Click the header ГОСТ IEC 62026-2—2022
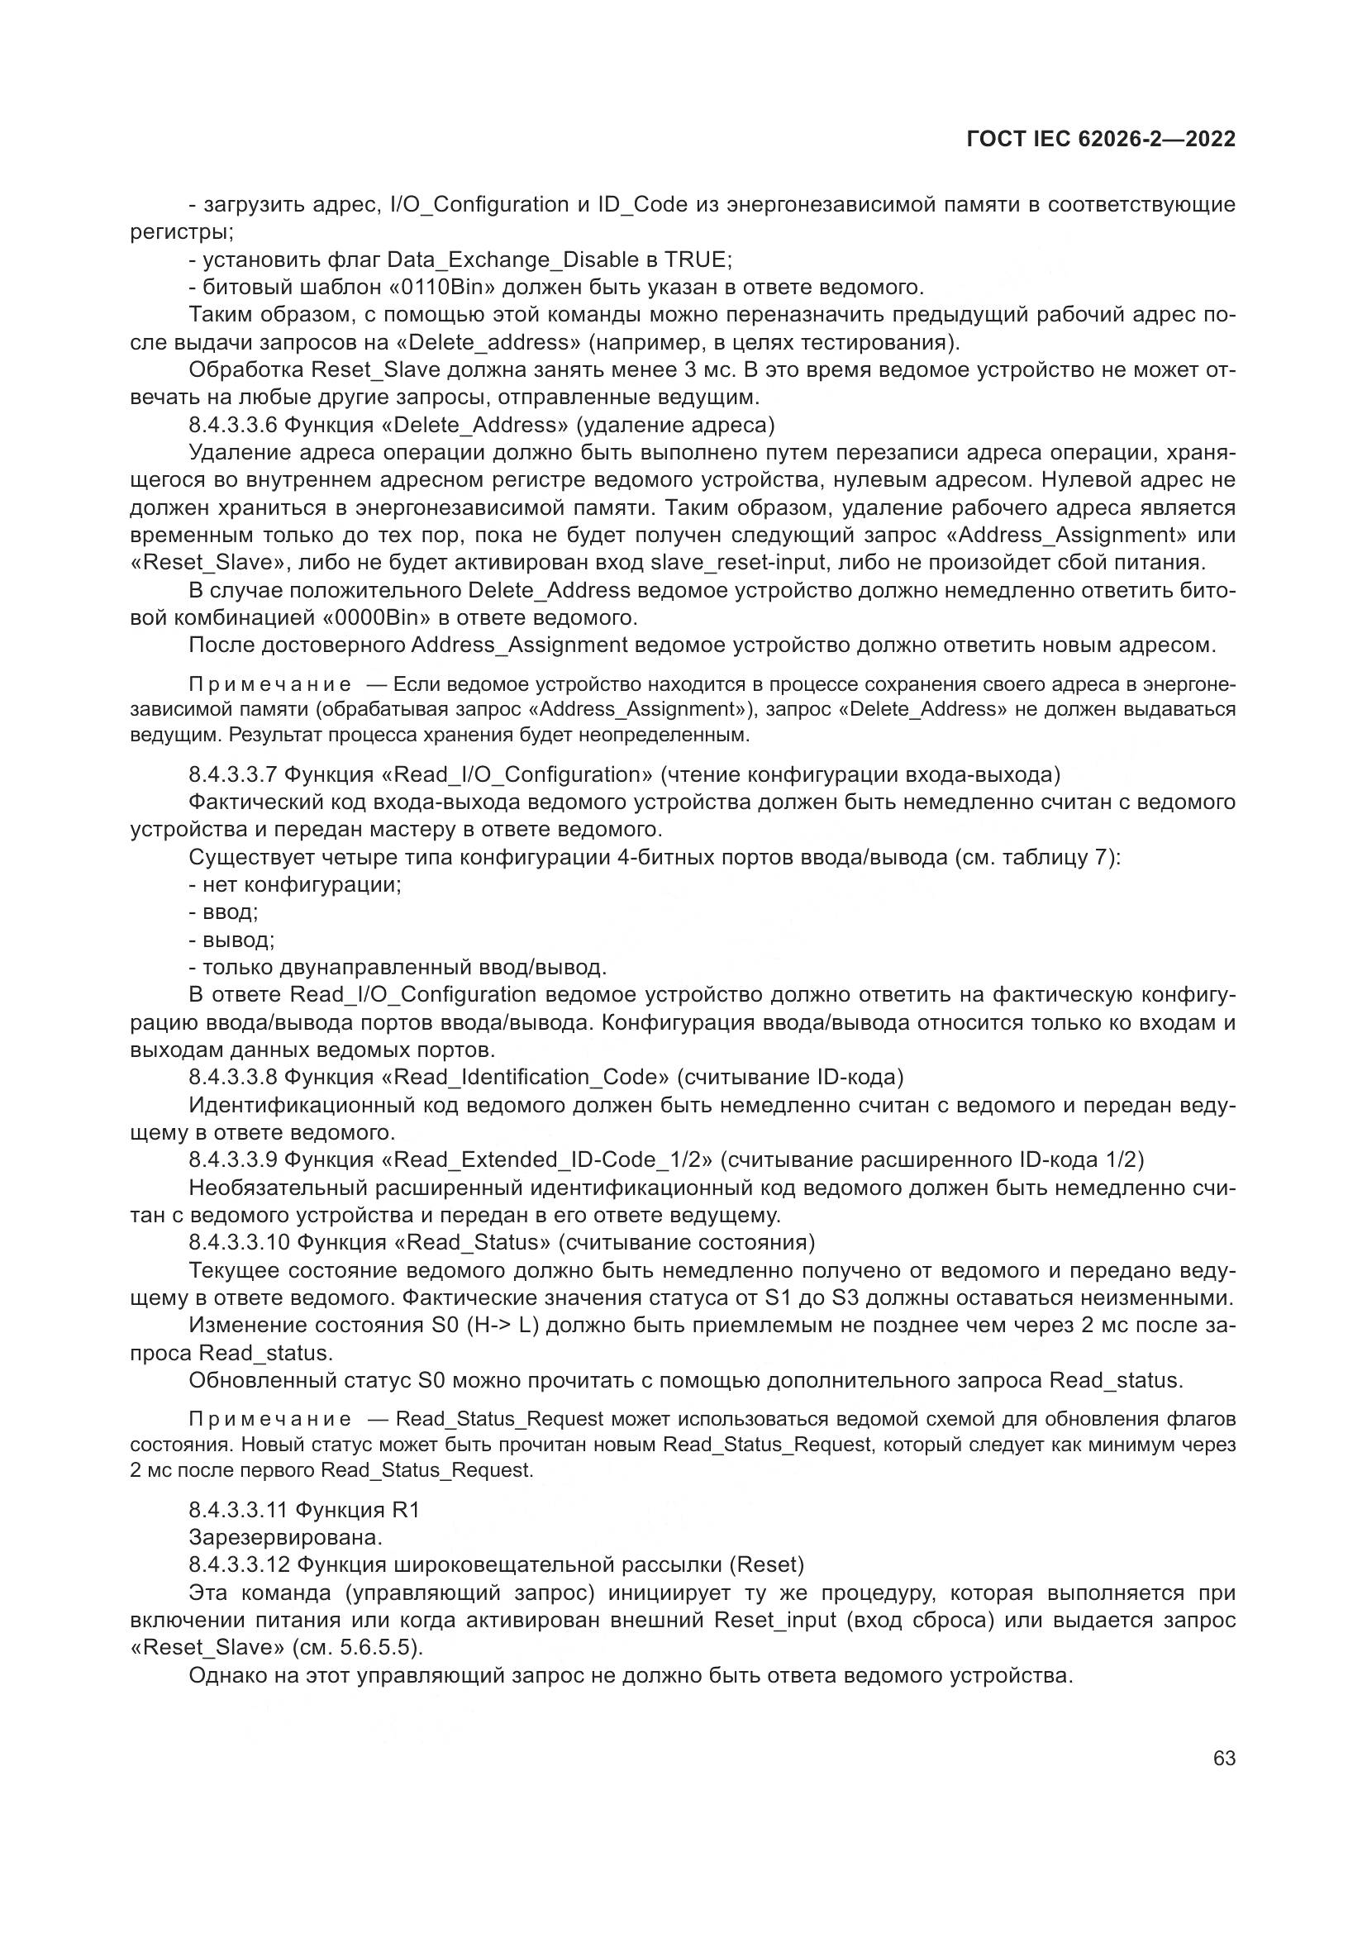coord(1101,140)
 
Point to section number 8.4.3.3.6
coord(233,424)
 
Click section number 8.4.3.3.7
coord(233,774)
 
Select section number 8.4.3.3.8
coord(233,1077)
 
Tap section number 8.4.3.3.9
coord(233,1159)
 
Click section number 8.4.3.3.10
coord(239,1242)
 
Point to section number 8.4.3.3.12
coord(239,1565)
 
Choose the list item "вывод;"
coord(238,940)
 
